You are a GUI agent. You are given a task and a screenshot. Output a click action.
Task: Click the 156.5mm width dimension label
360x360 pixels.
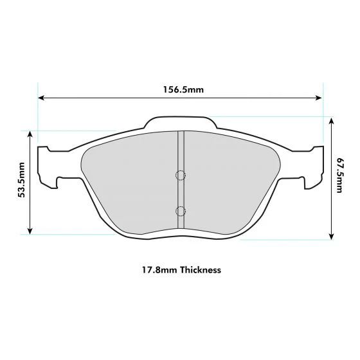click(x=183, y=89)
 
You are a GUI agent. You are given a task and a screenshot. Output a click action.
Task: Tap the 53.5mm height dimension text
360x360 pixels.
click(x=21, y=180)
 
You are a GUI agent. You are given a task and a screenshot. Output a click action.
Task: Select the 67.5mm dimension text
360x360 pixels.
click(x=339, y=175)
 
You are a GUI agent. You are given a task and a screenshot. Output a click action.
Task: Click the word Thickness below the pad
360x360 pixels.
click(x=201, y=269)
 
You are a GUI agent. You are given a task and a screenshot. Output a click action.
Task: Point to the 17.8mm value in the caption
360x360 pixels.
click(x=159, y=270)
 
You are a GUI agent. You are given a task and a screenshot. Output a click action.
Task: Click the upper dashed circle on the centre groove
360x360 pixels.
click(x=181, y=175)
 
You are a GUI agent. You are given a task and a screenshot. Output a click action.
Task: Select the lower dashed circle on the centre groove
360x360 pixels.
click(x=181, y=212)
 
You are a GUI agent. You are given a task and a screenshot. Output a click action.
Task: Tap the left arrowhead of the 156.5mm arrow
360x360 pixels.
click(x=41, y=98)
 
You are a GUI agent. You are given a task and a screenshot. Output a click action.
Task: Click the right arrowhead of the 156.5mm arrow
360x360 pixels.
click(x=319, y=98)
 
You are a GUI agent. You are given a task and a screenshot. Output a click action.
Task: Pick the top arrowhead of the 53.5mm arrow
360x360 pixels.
click(x=30, y=134)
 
